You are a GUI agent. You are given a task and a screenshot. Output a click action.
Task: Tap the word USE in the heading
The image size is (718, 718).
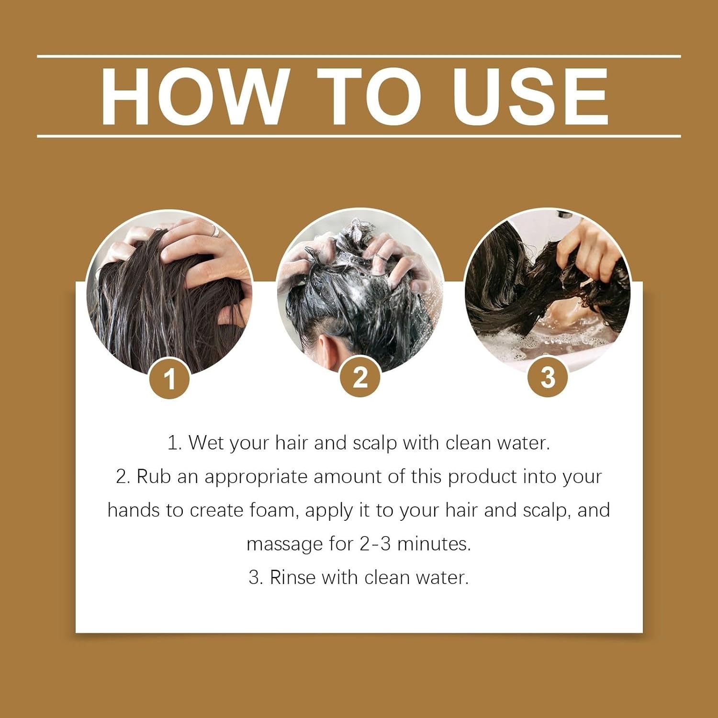tap(530, 97)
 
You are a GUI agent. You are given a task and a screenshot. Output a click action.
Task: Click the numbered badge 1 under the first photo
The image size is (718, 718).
tap(169, 379)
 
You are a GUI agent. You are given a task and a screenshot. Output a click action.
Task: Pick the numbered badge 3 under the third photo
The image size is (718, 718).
tap(548, 377)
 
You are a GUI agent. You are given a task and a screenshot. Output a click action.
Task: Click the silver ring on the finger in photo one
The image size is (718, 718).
tap(215, 231)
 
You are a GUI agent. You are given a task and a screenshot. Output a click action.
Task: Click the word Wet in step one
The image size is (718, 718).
tap(206, 443)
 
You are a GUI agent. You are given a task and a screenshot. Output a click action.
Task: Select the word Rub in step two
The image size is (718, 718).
tap(154, 477)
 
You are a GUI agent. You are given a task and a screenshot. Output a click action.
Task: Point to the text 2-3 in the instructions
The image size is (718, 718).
tap(375, 544)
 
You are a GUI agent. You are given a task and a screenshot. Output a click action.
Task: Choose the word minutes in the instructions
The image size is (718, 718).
tap(434, 544)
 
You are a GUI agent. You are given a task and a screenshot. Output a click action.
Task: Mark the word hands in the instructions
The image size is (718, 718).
tap(134, 510)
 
